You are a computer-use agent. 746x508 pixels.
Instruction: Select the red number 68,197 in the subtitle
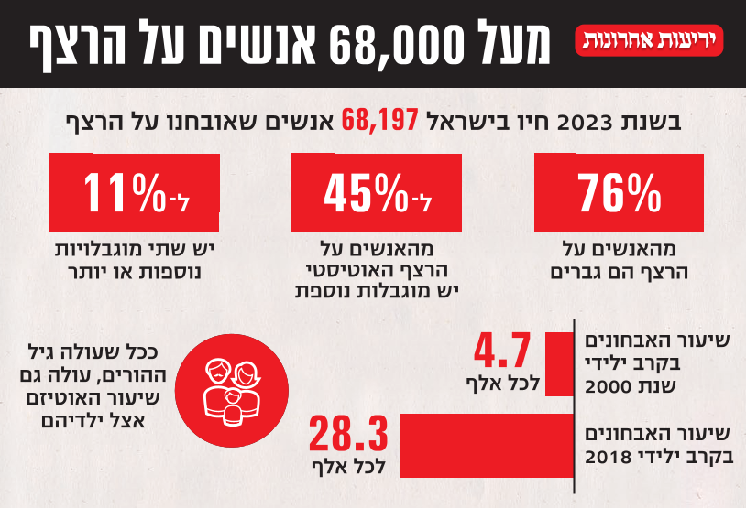click(x=380, y=120)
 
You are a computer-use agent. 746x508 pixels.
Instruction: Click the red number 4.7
click(x=502, y=351)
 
